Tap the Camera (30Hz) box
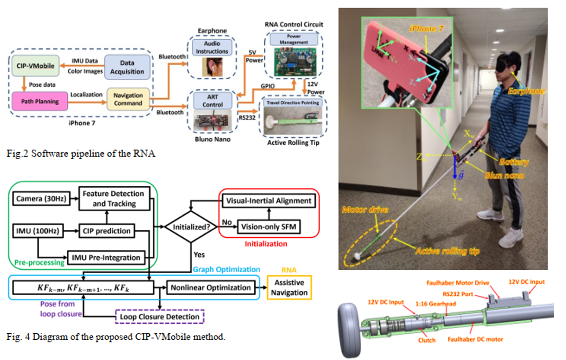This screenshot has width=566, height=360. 41,198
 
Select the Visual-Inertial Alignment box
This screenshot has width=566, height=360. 269,201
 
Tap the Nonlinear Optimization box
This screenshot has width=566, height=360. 211,288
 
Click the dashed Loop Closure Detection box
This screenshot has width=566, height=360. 160,316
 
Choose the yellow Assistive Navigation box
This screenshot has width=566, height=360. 289,288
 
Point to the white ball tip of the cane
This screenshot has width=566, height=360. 358,255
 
